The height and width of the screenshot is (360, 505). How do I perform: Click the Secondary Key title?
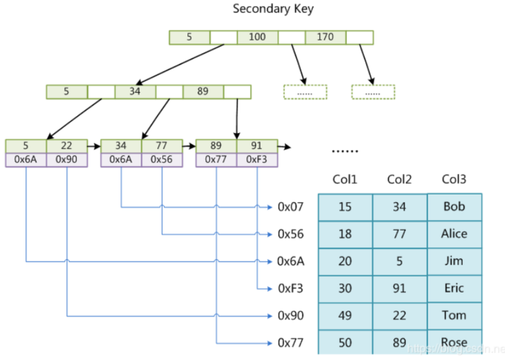(273, 9)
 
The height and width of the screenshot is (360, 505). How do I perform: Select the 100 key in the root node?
(258, 37)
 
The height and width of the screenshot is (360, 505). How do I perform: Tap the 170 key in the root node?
(325, 37)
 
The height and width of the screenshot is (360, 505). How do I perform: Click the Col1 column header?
(345, 179)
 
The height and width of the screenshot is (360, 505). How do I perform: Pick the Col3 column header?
(454, 179)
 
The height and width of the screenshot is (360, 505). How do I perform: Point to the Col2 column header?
(399, 179)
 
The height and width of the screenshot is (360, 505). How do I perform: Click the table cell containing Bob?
(454, 206)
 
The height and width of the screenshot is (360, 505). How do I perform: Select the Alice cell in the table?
(454, 234)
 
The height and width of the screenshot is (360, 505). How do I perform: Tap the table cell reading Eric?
(454, 288)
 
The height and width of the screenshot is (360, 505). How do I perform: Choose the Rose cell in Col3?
(454, 342)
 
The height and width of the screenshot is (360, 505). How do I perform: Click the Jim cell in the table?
(454, 261)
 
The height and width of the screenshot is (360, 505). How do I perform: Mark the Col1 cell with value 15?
(345, 207)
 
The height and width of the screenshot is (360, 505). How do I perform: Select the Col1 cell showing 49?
(345, 315)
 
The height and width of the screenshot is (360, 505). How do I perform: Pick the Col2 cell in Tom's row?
(399, 315)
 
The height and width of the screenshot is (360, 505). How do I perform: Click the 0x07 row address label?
(290, 207)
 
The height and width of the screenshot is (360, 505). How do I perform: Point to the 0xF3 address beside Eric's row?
(290, 288)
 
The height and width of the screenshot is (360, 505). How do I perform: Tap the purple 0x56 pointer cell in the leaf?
(162, 159)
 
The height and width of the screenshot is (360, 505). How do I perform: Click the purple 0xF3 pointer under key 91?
(257, 159)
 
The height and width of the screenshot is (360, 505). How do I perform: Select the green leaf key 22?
(67, 145)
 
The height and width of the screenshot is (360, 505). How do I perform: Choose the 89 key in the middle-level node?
(203, 92)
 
